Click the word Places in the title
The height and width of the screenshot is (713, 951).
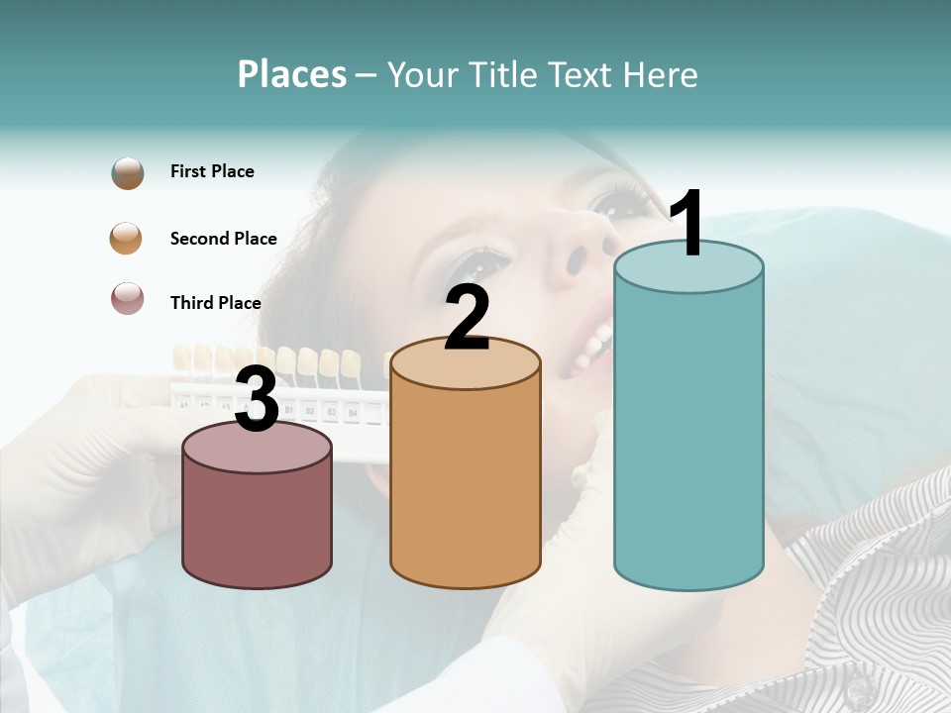291,74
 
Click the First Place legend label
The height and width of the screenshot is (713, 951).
212,171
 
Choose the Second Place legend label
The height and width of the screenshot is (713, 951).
223,239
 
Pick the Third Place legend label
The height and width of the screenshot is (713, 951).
215,303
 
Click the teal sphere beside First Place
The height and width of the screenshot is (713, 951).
128,172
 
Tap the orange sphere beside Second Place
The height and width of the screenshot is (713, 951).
127,239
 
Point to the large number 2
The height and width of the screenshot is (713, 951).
467,319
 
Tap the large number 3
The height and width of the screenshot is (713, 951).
257,400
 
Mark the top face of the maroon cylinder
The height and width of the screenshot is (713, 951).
258,449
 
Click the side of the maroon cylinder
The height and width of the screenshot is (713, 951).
258,525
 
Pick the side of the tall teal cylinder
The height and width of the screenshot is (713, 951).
688,436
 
